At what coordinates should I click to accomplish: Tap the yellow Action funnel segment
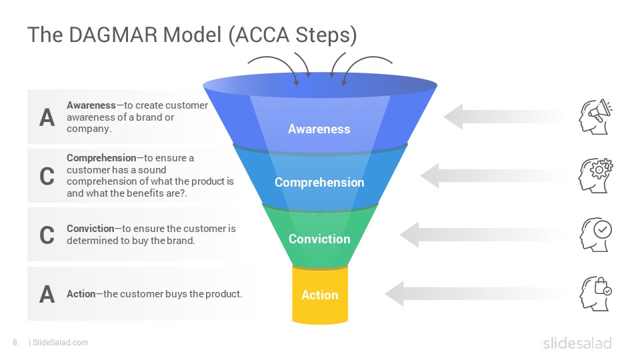click(320, 295)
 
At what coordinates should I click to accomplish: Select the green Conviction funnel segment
click(320, 236)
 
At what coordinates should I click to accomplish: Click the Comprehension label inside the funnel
click(319, 183)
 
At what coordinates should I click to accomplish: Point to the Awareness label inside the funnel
click(319, 129)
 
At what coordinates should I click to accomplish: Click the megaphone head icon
click(595, 117)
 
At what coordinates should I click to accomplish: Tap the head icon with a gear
click(595, 175)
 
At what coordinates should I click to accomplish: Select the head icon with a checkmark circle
click(596, 234)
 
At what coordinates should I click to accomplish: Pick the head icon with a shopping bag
click(596, 293)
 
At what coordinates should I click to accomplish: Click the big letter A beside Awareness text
click(47, 117)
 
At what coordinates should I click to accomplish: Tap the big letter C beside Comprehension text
click(47, 176)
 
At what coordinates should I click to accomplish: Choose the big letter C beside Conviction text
click(47, 235)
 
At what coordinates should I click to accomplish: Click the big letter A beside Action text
click(47, 294)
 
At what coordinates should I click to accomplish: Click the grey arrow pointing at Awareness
click(505, 117)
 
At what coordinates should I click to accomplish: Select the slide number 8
click(15, 343)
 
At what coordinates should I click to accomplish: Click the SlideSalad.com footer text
click(61, 343)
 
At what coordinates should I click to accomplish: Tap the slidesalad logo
click(577, 343)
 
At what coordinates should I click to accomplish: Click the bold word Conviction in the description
click(91, 229)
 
